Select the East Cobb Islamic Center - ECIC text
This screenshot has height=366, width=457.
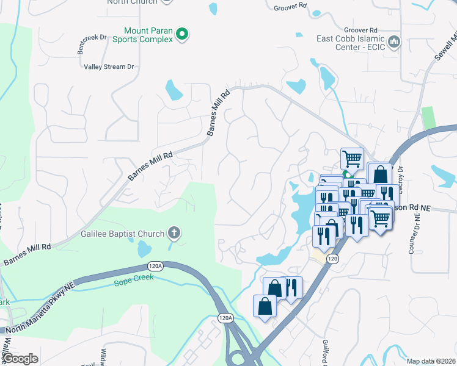coord(351,42)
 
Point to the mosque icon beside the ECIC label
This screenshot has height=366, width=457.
coord(394,42)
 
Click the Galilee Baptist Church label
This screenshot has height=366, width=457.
coord(122,234)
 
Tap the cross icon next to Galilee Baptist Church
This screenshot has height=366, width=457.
coord(174,233)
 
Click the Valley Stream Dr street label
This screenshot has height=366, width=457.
coord(109,67)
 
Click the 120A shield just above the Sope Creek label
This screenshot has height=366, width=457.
coord(155,266)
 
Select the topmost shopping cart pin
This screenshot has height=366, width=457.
coord(352,159)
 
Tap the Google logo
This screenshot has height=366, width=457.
coord(21,359)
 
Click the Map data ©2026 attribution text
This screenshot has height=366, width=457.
coord(430,361)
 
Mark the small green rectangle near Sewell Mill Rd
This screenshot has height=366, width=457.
coord(430,118)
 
